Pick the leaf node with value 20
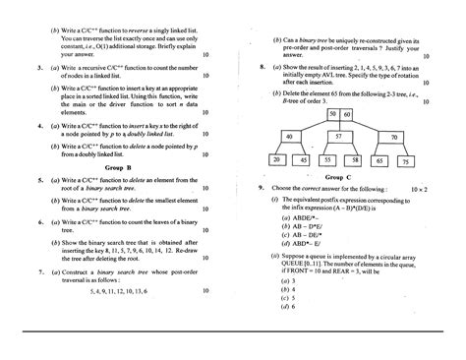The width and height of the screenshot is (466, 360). pyautogui.click(x=278, y=158)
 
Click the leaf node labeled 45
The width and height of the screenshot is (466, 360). pyautogui.click(x=301, y=158)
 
